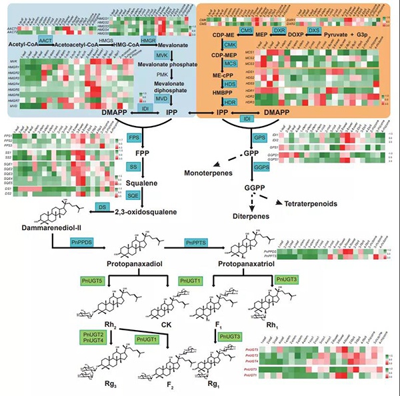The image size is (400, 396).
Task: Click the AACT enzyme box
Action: point(46,41)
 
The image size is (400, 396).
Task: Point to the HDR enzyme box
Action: point(229,102)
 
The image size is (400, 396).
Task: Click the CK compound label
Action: point(162,325)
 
